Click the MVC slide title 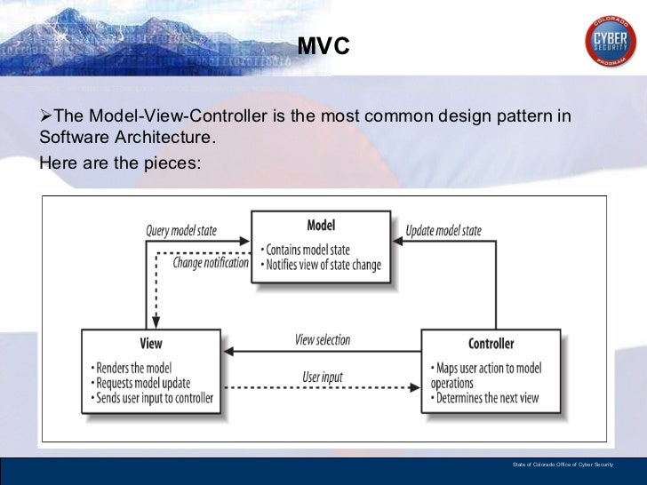(x=323, y=45)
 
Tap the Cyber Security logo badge (x=610, y=42)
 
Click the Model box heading (x=321, y=226)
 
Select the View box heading (x=151, y=344)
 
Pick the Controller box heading (x=491, y=344)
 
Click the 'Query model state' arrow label (x=181, y=231)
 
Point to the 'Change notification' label (x=211, y=263)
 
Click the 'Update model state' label (x=443, y=231)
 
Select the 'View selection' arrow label (x=322, y=339)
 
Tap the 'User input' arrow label (x=322, y=378)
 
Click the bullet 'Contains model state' (x=308, y=249)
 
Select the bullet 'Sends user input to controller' (x=152, y=398)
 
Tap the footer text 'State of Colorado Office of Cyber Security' (x=562, y=465)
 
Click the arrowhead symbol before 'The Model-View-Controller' (x=46, y=117)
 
